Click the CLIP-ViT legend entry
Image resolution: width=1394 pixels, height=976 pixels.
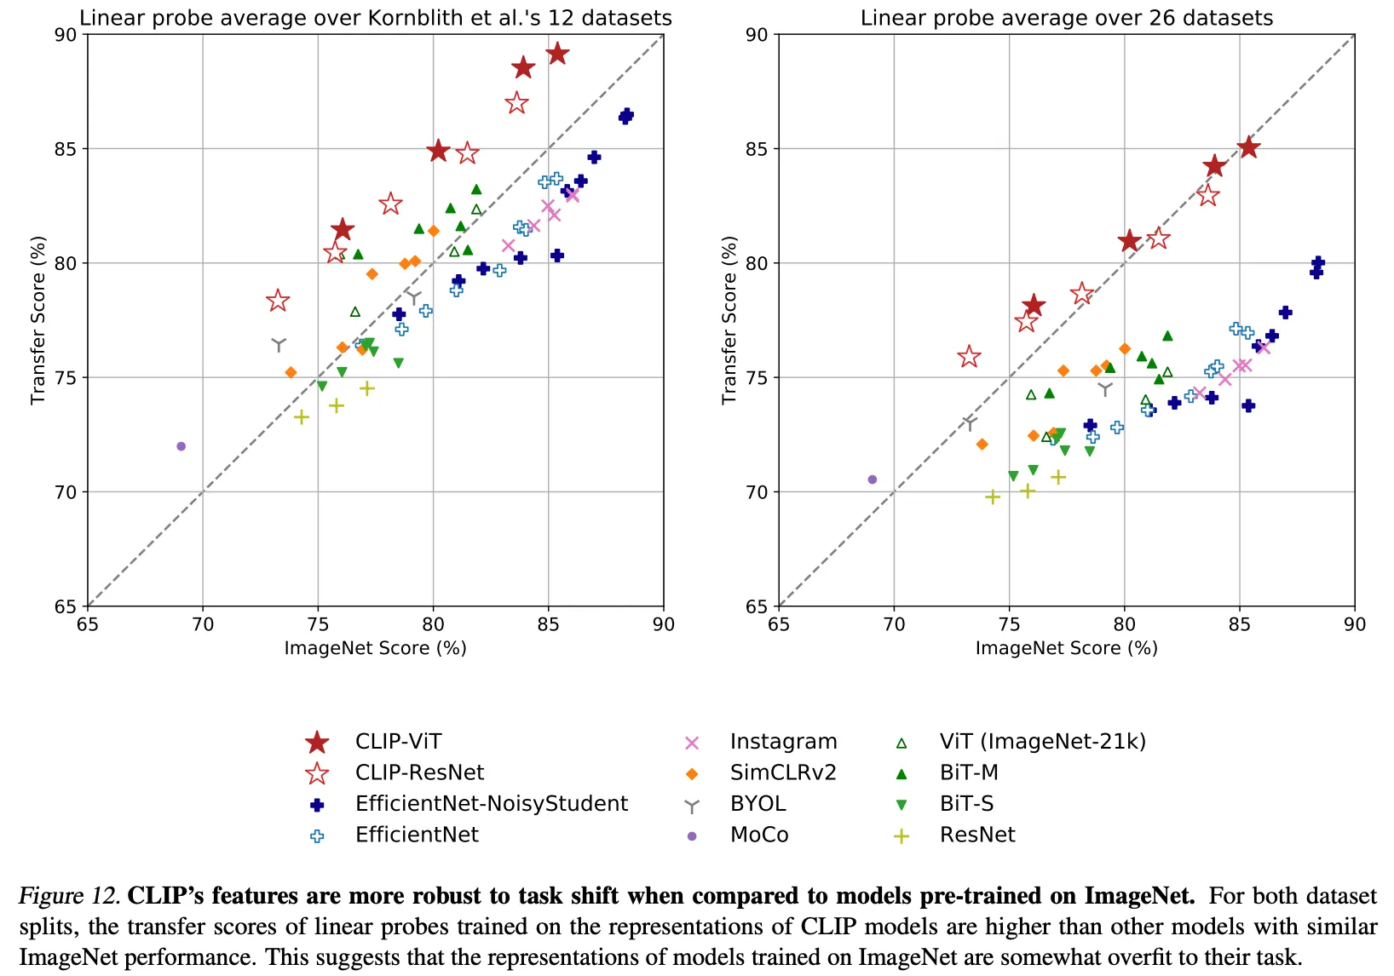tap(398, 742)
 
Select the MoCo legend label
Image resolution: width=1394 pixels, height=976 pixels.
tap(759, 835)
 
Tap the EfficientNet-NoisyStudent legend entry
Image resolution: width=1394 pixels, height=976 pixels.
tap(492, 804)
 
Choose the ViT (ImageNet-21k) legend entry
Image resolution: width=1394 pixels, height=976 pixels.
tap(1043, 742)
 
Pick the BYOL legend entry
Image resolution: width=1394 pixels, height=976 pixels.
tap(757, 804)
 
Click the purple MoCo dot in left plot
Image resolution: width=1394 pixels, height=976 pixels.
tap(181, 446)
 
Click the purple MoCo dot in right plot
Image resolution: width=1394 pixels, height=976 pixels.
tap(872, 479)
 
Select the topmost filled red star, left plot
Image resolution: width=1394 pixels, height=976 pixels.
tap(557, 54)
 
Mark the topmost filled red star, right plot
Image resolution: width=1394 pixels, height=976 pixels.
tap(1248, 147)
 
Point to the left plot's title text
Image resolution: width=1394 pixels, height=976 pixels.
tap(375, 18)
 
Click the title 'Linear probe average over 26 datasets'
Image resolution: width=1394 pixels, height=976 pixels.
tap(1066, 18)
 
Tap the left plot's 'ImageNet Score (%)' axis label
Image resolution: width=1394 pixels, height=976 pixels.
tap(375, 648)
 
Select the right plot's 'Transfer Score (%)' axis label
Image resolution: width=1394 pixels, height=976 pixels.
tap(729, 320)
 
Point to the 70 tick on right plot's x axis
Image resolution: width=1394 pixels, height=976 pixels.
tap(894, 624)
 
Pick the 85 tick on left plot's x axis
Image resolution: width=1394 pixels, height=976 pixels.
tap(548, 624)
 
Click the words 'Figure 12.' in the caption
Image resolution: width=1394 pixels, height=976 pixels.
tap(68, 896)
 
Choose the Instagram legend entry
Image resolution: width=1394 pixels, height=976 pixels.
tap(783, 742)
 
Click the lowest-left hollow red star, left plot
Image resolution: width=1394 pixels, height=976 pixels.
tap(277, 301)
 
